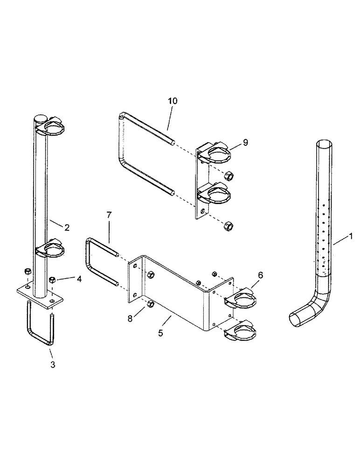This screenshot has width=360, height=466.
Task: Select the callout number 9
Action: click(245, 142)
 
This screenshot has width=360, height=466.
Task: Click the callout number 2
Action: click(67, 228)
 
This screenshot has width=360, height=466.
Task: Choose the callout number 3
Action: click(53, 365)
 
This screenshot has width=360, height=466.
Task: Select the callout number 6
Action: click(260, 276)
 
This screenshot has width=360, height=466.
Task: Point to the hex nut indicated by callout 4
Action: click(52, 280)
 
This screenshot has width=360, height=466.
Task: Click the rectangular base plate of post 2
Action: click(40, 295)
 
